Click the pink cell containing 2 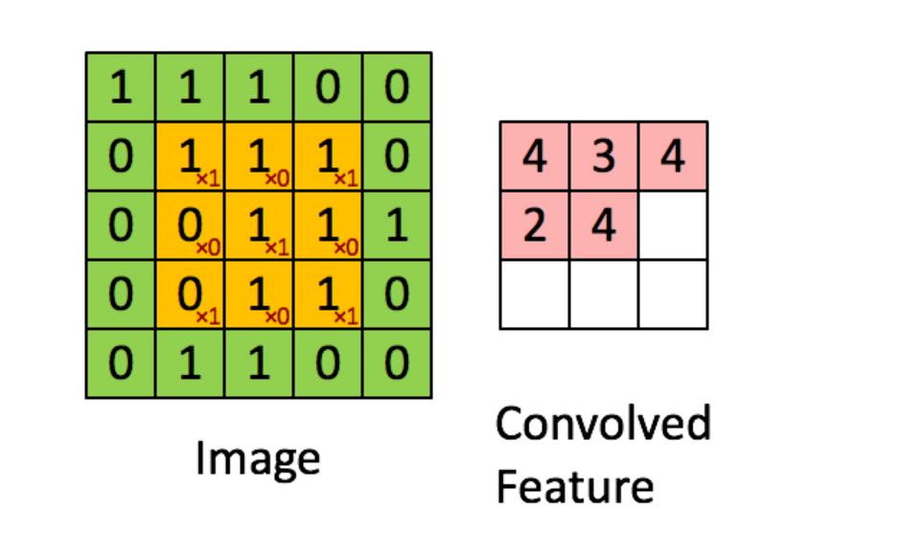pyautogui.click(x=534, y=225)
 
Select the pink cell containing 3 pyautogui.click(x=604, y=156)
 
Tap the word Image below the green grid pyautogui.click(x=257, y=458)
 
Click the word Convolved pyautogui.click(x=603, y=423)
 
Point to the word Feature pyautogui.click(x=574, y=486)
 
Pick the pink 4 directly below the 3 pyautogui.click(x=604, y=225)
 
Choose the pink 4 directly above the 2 pyautogui.click(x=534, y=156)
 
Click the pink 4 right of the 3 pyautogui.click(x=673, y=156)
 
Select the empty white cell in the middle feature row pyautogui.click(x=673, y=225)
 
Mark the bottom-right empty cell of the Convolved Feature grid pyautogui.click(x=673, y=294)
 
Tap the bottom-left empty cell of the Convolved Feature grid pyautogui.click(x=534, y=294)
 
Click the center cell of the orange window pyautogui.click(x=259, y=225)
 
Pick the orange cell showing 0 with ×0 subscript pyautogui.click(x=190, y=225)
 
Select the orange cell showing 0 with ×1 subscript pyautogui.click(x=190, y=294)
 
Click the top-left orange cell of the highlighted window pyautogui.click(x=190, y=156)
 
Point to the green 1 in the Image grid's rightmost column pyautogui.click(x=396, y=225)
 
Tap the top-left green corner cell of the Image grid pyautogui.click(x=121, y=87)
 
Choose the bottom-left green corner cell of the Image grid pyautogui.click(x=121, y=363)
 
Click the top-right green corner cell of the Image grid pyautogui.click(x=396, y=87)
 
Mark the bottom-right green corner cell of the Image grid pyautogui.click(x=396, y=363)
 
